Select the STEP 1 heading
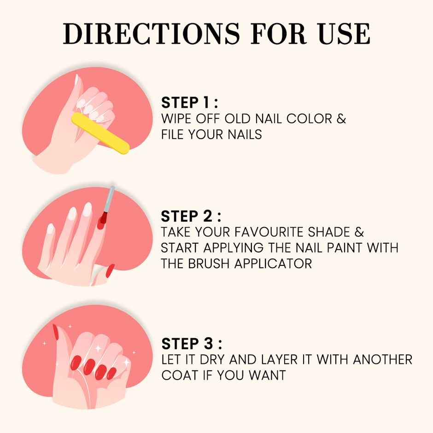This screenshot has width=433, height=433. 189,102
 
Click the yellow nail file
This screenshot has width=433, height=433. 100,132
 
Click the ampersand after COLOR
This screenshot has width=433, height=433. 341,118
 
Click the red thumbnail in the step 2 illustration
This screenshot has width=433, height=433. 110,270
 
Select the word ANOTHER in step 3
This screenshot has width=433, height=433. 382,359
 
